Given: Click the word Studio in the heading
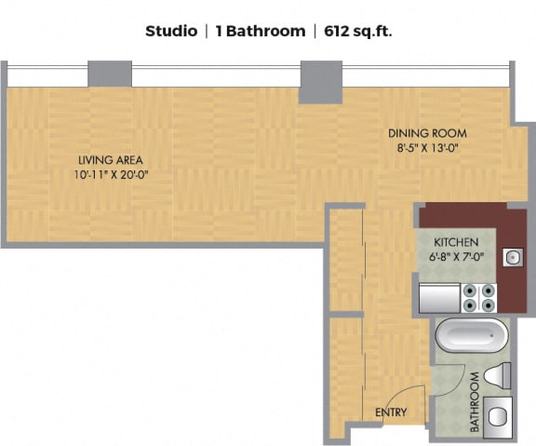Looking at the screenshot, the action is coord(171,31).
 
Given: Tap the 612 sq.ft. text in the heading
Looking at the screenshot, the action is coord(358,32).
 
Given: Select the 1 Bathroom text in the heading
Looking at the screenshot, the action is coord(261,31).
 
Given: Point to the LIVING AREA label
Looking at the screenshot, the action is coord(111,160).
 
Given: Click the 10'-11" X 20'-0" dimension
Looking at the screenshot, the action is coord(111,175).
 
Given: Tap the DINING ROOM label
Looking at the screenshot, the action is coord(427,133).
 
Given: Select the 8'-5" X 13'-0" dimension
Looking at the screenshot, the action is coord(427,148).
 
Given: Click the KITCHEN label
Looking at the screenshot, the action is coord(456,242).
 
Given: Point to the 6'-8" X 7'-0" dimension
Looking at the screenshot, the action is coord(456,256).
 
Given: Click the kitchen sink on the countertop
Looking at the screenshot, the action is coord(513,258).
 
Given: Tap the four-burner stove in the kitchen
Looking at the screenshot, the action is coord(479,298).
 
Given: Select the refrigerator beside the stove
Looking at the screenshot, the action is coord(440,298).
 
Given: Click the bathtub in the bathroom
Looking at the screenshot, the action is coord(472,335).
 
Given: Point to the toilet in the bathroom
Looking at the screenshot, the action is coord(497,375).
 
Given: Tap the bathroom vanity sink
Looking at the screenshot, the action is coord(498,417).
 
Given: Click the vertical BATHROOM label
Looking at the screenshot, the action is coord(475,402).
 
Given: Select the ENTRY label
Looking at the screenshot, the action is coord(391,412).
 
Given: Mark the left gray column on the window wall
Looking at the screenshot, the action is coord(110,74).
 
